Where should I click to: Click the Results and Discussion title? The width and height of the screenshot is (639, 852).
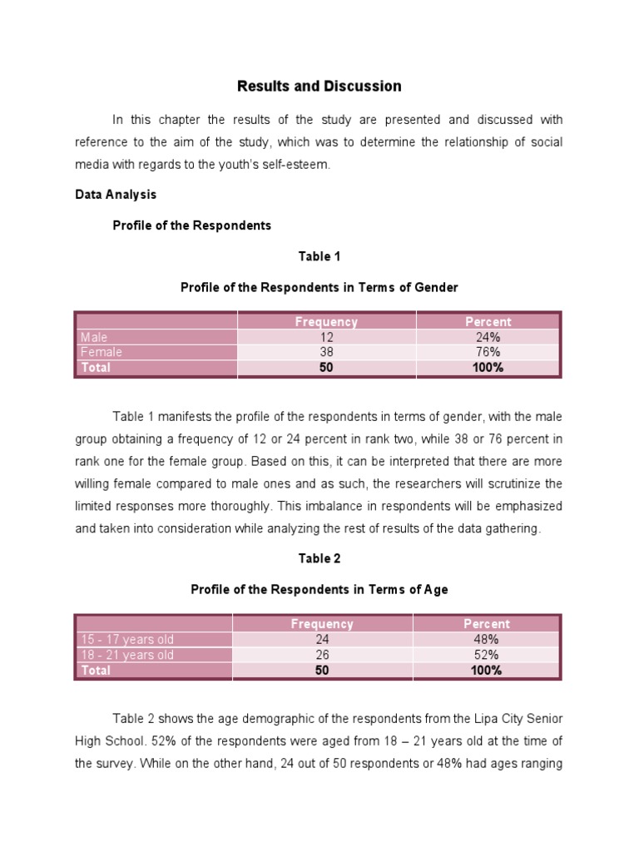click(x=319, y=87)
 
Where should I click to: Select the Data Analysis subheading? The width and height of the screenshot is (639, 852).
click(x=116, y=194)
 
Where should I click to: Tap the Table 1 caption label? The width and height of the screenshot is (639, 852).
click(x=319, y=256)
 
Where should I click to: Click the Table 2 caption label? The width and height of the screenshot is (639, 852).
click(x=319, y=558)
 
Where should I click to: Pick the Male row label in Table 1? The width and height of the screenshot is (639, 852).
click(x=95, y=337)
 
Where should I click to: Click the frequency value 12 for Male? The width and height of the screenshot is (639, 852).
click(x=326, y=337)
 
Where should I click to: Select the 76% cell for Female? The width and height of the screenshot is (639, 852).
click(x=488, y=352)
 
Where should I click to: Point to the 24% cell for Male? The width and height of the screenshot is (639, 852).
click(x=488, y=337)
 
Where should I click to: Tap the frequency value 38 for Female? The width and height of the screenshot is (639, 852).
click(x=326, y=352)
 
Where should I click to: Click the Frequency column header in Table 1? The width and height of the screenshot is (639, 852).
click(x=326, y=322)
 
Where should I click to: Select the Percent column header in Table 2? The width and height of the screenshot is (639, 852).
click(x=487, y=624)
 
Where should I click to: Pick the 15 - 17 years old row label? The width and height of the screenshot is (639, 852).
click(x=127, y=639)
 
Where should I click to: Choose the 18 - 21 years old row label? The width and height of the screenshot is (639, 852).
click(x=127, y=655)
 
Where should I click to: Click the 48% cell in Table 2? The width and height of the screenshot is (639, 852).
click(x=487, y=639)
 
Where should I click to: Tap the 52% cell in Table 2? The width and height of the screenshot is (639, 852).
click(x=487, y=655)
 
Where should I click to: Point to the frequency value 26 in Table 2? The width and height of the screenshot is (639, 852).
click(x=322, y=655)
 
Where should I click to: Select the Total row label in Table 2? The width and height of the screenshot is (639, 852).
click(x=96, y=670)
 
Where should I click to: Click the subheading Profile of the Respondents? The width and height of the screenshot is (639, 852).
click(x=192, y=225)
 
